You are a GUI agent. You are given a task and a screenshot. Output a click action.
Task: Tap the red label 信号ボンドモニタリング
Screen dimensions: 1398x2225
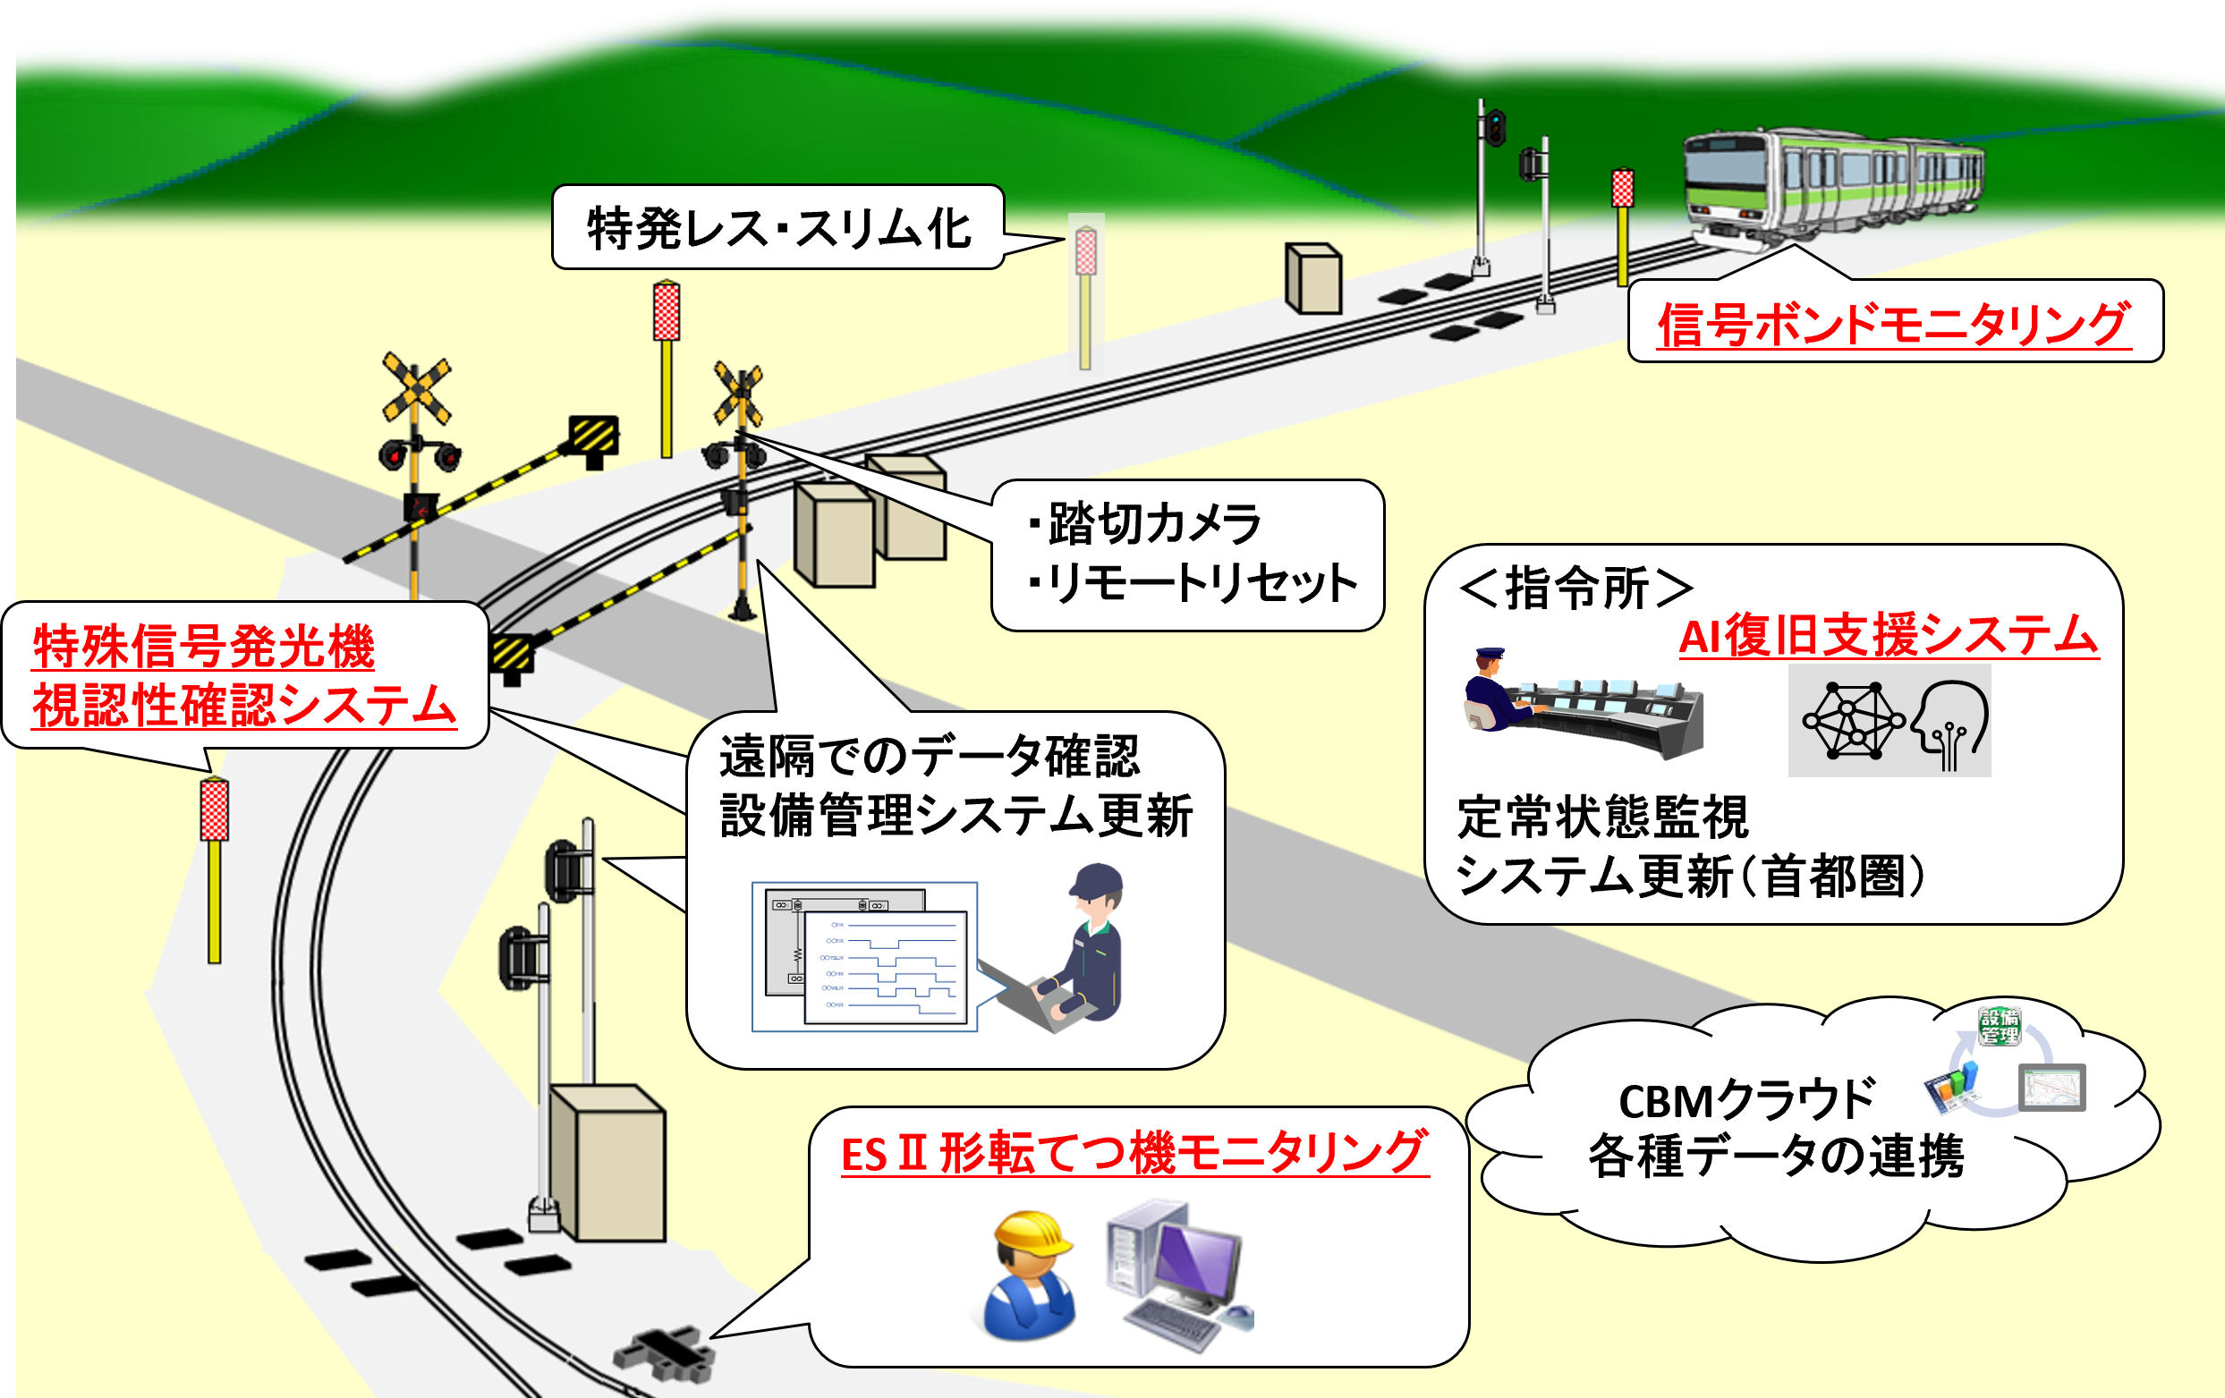click(x=1894, y=325)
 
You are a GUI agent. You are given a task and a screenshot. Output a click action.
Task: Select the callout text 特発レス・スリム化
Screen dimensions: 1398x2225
click(x=778, y=228)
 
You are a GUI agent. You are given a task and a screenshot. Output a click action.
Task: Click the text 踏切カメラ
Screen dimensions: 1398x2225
click(x=1154, y=524)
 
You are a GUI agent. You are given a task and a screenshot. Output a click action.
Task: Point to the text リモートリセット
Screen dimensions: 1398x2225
click(x=1202, y=583)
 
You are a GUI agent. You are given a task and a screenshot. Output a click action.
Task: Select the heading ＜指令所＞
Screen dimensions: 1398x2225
click(x=1576, y=588)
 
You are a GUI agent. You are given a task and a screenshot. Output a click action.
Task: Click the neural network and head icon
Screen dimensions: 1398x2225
click(x=1890, y=721)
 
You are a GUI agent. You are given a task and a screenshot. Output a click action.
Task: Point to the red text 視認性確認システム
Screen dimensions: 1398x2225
click(x=244, y=706)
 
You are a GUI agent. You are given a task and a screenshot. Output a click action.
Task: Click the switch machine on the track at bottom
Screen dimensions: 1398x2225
click(x=666, y=1353)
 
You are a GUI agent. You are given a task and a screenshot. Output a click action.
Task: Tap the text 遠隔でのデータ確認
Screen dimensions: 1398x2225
click(x=929, y=757)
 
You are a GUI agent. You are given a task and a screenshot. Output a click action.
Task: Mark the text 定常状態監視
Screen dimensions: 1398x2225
click(x=1602, y=818)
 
